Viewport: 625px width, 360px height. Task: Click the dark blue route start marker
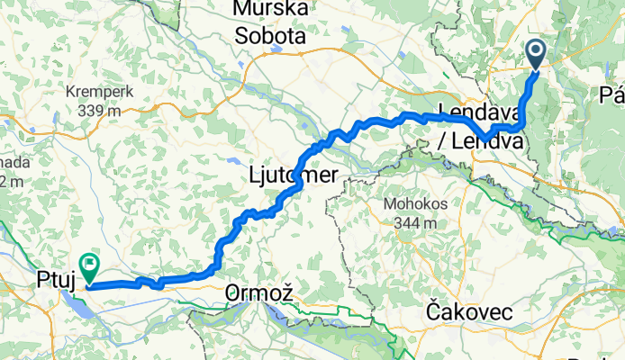[x=537, y=54]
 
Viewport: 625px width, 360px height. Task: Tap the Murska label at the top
[x=270, y=10]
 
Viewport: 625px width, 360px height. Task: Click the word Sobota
[x=270, y=37]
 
